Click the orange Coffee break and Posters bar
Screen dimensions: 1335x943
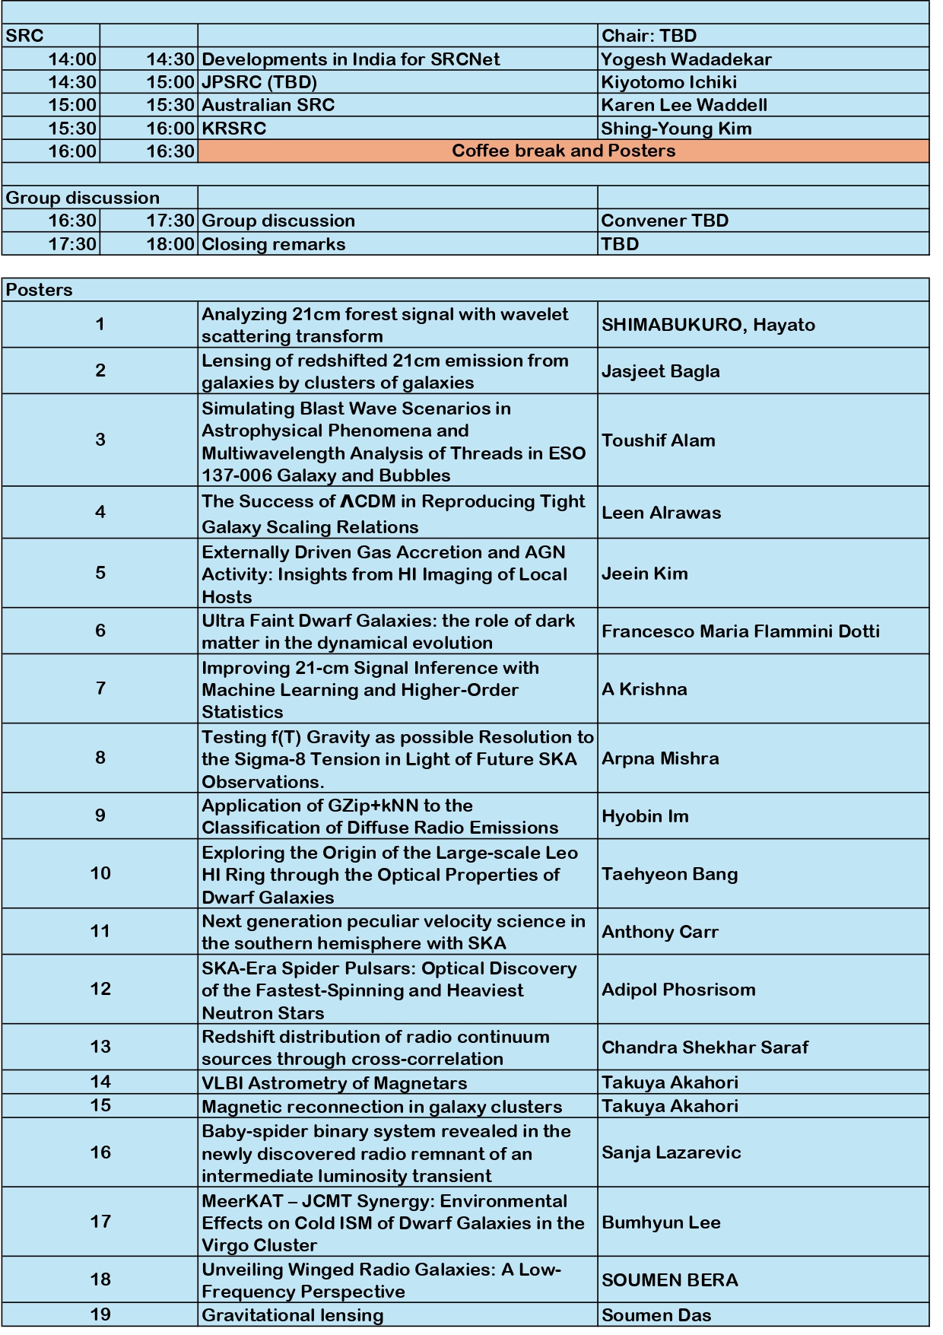click(x=563, y=151)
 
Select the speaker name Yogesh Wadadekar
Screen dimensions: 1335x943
click(x=686, y=59)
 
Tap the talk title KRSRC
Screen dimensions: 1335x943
click(x=234, y=128)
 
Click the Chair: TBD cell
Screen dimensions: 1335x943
click(x=649, y=36)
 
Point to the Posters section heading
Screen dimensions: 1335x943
click(x=40, y=290)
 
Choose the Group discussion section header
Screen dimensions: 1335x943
click(x=83, y=198)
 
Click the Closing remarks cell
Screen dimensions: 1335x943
click(x=274, y=244)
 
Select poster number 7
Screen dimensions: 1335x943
click(x=100, y=688)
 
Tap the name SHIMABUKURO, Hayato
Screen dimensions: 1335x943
click(x=708, y=325)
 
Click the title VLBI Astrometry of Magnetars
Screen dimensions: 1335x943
click(x=335, y=1082)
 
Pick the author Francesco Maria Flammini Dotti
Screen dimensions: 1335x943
click(x=741, y=631)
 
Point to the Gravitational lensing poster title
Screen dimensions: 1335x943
click(x=293, y=1315)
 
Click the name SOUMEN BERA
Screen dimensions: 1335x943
click(x=670, y=1280)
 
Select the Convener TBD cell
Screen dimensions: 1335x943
click(x=665, y=221)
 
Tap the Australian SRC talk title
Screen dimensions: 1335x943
click(x=268, y=105)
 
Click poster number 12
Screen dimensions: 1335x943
click(x=100, y=989)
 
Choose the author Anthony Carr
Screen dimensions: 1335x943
click(x=660, y=932)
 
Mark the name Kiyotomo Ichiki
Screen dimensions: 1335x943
click(x=668, y=82)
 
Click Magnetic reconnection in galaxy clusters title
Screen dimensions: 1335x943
click(x=382, y=1106)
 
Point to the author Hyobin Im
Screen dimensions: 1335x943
click(x=645, y=816)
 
